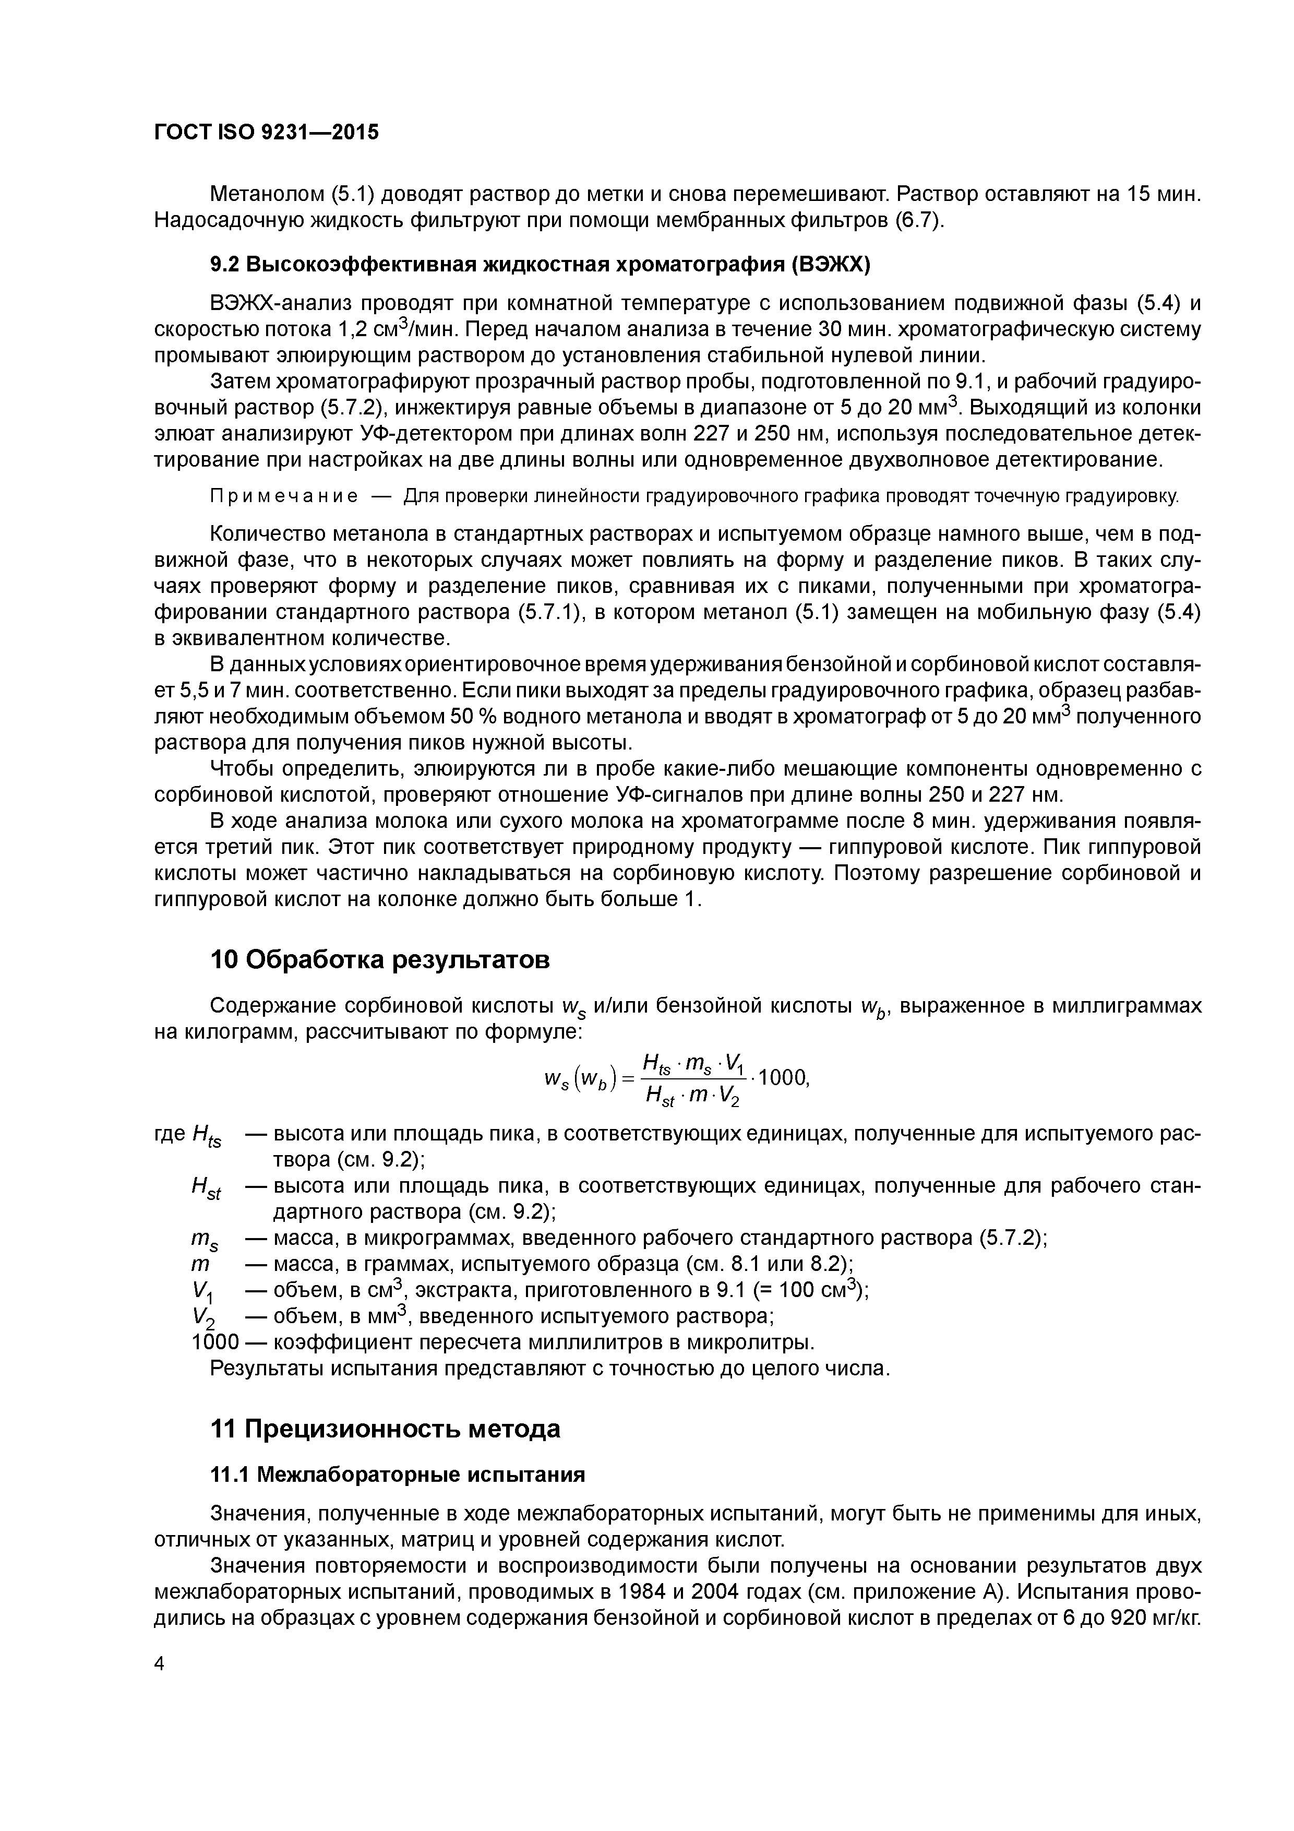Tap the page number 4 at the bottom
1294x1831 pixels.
(x=159, y=1663)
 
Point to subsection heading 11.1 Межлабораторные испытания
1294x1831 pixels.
(x=397, y=1475)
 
